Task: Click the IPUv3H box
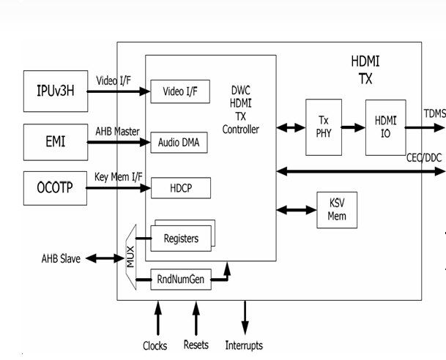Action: tap(55, 91)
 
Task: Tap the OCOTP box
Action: tap(55, 189)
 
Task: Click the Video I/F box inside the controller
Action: tap(180, 91)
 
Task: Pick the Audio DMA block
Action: tap(179, 143)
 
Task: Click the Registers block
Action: tap(180, 238)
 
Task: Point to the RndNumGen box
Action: tap(181, 280)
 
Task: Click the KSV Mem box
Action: tap(337, 210)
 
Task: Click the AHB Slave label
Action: tap(61, 258)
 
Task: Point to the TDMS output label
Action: tap(434, 113)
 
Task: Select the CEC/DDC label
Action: tap(425, 158)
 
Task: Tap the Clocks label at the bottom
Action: tap(155, 345)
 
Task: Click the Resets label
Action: tap(196, 345)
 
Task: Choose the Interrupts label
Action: tap(244, 345)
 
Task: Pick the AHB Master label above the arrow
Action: tap(117, 130)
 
